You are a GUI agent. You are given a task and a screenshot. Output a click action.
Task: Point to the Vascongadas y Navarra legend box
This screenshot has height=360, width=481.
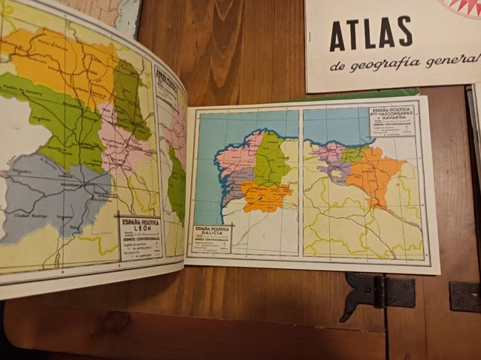[x=391, y=120]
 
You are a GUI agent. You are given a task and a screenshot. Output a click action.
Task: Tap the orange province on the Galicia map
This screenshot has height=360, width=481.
[x=265, y=195]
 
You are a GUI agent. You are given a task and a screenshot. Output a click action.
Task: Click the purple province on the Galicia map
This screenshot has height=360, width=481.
[x=235, y=184]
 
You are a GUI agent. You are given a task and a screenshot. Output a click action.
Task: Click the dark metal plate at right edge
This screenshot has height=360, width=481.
[x=464, y=296]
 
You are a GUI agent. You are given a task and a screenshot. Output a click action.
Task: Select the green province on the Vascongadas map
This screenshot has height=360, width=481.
[x=352, y=155]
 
